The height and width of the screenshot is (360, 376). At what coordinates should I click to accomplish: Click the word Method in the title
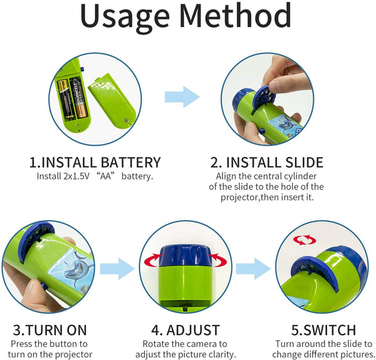(x=235, y=15)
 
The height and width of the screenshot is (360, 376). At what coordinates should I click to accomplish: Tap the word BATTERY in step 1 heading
(x=131, y=162)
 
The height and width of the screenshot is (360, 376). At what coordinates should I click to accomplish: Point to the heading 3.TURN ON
(x=50, y=330)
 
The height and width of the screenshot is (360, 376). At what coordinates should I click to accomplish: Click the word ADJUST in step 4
(x=193, y=330)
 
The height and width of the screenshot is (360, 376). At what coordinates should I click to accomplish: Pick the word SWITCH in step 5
(x=330, y=330)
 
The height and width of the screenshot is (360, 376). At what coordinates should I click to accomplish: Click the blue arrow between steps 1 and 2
(x=182, y=97)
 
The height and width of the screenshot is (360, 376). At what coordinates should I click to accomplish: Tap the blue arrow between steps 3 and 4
(x=117, y=269)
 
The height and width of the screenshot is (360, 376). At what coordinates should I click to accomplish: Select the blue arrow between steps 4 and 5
(x=253, y=269)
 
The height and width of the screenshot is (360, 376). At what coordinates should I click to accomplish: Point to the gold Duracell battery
(x=78, y=98)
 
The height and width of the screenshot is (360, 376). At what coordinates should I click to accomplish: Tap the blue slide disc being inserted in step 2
(x=264, y=96)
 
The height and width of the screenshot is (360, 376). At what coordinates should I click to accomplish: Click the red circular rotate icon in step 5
(x=305, y=240)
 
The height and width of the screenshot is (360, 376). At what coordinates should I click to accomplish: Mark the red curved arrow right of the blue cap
(x=217, y=260)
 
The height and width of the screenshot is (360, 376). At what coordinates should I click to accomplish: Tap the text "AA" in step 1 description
(x=106, y=176)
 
